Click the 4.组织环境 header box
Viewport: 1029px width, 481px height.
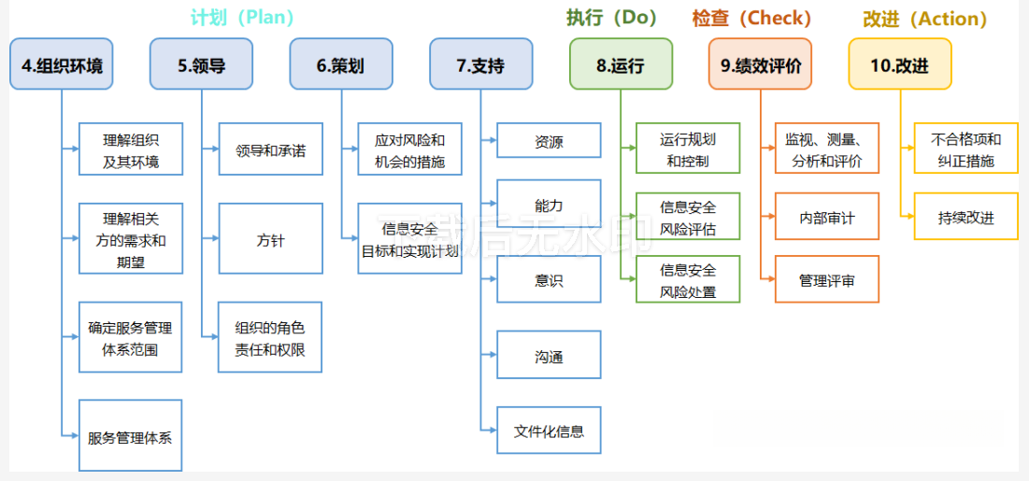click(62, 64)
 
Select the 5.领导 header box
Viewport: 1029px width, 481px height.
click(201, 64)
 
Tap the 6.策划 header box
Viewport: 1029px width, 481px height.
click(340, 64)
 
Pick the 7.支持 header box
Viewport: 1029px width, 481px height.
click(480, 64)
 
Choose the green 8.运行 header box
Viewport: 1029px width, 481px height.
click(621, 64)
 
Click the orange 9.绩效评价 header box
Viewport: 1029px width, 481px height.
click(760, 64)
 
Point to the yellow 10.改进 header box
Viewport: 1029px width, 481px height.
click(899, 64)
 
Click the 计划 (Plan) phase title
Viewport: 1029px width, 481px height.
click(242, 18)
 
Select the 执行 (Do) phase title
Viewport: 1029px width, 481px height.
click(611, 18)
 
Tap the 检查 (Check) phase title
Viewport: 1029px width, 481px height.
click(751, 18)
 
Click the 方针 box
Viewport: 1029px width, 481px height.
click(270, 239)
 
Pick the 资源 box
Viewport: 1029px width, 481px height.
click(549, 142)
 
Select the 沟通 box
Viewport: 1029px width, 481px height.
click(549, 356)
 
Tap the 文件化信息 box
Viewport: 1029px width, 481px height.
click(549, 431)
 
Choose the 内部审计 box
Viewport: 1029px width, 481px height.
click(827, 218)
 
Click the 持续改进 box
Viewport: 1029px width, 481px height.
click(965, 218)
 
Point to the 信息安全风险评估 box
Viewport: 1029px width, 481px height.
click(688, 217)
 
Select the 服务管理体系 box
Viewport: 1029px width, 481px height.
click(130, 436)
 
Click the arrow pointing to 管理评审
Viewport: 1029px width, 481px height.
click(768, 279)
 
